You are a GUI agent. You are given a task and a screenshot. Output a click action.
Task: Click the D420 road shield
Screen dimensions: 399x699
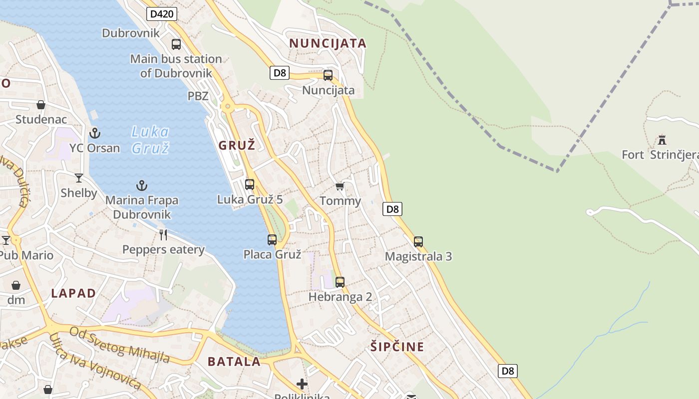(x=162, y=14)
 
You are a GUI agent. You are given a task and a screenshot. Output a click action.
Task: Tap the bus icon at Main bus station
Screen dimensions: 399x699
(x=176, y=44)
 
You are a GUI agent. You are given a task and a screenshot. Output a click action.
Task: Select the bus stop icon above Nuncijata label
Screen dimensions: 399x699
(x=328, y=75)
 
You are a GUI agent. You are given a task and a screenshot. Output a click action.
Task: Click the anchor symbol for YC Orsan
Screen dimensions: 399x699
(x=94, y=133)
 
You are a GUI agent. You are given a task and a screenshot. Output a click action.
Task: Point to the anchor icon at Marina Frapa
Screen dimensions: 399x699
(x=142, y=186)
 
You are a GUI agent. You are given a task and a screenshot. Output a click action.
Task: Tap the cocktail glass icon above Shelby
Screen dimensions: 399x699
(x=79, y=178)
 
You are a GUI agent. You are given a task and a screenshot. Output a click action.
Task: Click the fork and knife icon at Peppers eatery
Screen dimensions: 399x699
(x=163, y=234)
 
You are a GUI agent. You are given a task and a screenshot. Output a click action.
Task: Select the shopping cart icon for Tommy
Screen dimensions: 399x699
(x=340, y=187)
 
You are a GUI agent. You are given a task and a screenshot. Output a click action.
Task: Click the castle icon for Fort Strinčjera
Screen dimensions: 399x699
(x=662, y=140)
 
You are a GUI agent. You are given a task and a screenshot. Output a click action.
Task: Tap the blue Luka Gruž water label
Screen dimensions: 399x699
(x=150, y=140)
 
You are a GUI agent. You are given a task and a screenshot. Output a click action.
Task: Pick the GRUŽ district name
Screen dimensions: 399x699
(x=237, y=146)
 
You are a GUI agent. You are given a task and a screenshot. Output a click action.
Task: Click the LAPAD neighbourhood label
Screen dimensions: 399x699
(x=73, y=293)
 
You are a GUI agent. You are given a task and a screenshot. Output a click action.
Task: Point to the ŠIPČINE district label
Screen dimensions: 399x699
(x=397, y=347)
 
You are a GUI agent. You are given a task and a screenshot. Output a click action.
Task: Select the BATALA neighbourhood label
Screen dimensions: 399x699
(x=234, y=362)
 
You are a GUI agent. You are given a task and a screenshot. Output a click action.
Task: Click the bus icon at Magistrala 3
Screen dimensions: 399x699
(x=418, y=242)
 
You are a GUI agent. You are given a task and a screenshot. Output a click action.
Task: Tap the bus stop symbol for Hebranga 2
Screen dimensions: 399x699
(x=340, y=282)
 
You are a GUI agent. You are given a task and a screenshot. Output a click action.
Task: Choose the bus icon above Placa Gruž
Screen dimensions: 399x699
(x=272, y=239)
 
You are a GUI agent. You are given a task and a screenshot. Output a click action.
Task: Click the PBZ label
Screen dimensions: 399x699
(x=198, y=96)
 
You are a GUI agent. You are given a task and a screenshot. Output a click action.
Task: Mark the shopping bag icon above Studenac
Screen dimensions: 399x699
(x=41, y=105)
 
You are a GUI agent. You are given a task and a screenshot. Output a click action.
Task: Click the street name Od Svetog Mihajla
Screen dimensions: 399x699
(x=119, y=345)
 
